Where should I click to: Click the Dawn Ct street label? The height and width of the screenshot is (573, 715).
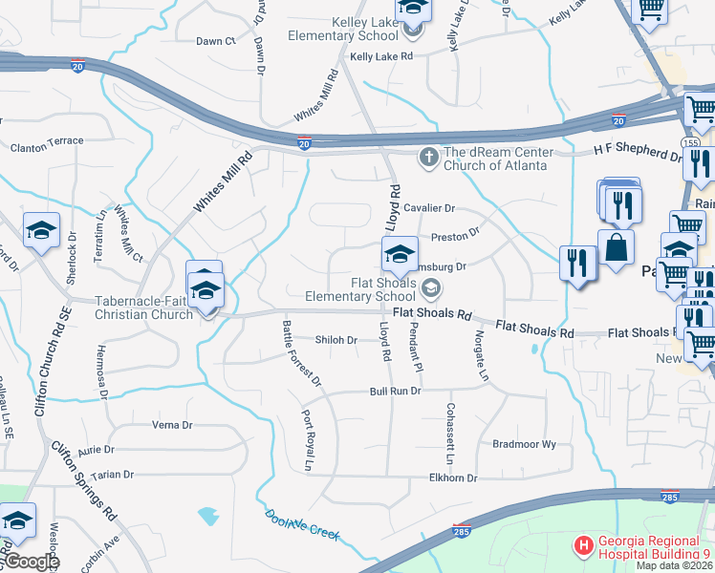pos(215,41)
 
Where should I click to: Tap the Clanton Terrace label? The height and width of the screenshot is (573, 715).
pos(47,141)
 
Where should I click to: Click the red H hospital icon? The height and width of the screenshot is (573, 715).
pos(582,546)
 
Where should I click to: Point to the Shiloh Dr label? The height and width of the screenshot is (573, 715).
pos(336,339)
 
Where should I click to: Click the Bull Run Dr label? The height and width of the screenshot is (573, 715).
pos(396,393)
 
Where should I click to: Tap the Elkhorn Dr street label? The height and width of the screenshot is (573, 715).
pos(453,477)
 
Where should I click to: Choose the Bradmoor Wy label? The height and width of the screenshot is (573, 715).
pos(524,445)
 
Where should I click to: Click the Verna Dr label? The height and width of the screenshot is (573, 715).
pos(172,425)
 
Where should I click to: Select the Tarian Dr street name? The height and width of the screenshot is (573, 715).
pos(113,474)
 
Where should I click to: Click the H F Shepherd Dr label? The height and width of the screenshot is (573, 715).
pos(638,150)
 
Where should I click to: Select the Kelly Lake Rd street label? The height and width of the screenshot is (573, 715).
pos(380,57)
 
